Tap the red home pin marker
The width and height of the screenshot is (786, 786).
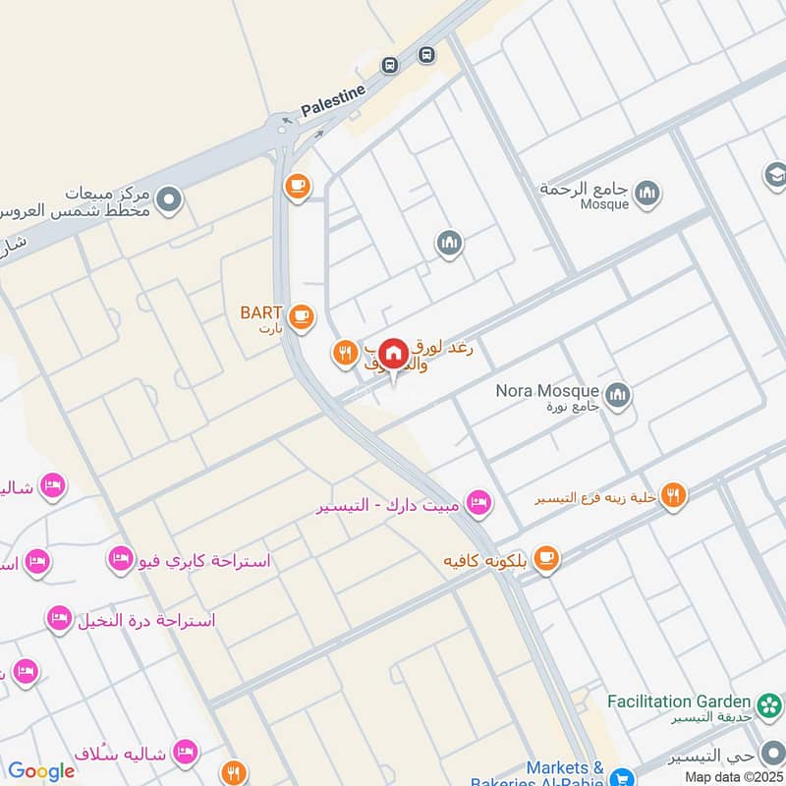393,354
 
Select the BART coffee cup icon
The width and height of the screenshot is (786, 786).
302,315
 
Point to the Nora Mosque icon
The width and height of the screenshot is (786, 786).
617,396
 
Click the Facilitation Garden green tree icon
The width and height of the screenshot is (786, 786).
767,702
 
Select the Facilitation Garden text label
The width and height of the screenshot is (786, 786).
679,702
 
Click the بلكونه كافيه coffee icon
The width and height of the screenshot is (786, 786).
547,559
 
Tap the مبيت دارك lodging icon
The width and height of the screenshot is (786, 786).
478,502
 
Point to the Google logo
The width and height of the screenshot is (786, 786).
41,771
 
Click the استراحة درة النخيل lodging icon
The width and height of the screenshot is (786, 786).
58,618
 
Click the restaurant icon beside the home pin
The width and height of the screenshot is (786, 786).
344,353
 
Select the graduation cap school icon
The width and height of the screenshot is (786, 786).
775,175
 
